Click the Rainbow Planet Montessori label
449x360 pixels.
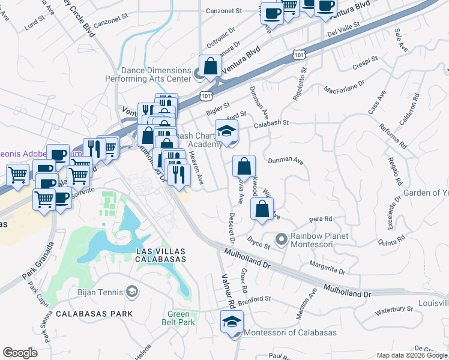(320, 240)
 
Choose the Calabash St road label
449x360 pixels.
(271, 123)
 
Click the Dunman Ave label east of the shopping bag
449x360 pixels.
(286, 161)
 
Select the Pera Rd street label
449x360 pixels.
(321, 220)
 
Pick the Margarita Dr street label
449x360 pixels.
(327, 267)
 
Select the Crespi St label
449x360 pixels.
(366, 61)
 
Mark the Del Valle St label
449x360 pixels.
(343, 28)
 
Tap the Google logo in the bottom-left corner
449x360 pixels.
(20, 353)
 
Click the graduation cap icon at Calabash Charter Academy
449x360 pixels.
(227, 131)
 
